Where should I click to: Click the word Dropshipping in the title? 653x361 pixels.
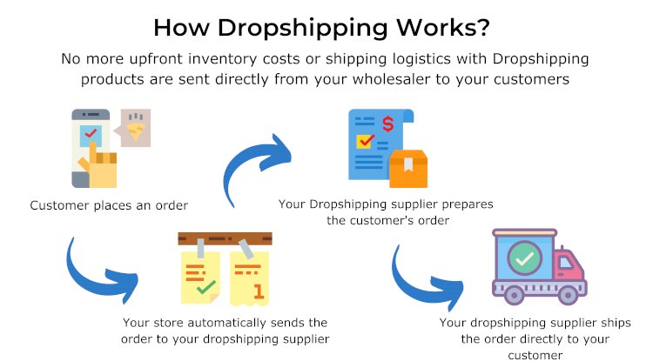tap(303, 29)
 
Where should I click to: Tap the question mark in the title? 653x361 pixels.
tap(483, 27)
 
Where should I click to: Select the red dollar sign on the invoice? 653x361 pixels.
tap(387, 124)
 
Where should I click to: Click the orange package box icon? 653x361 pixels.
tap(408, 169)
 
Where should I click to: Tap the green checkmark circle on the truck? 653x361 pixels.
tap(524, 257)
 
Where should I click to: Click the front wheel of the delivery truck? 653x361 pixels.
tap(567, 295)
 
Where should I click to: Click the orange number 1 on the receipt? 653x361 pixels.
tap(259, 291)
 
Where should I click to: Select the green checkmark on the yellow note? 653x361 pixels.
tap(205, 287)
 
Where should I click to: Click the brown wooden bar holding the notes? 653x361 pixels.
tap(225, 238)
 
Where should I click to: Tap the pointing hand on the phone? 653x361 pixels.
tap(100, 164)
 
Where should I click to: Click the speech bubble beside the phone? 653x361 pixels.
tap(133, 128)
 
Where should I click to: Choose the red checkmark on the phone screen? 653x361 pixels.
tap(91, 133)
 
